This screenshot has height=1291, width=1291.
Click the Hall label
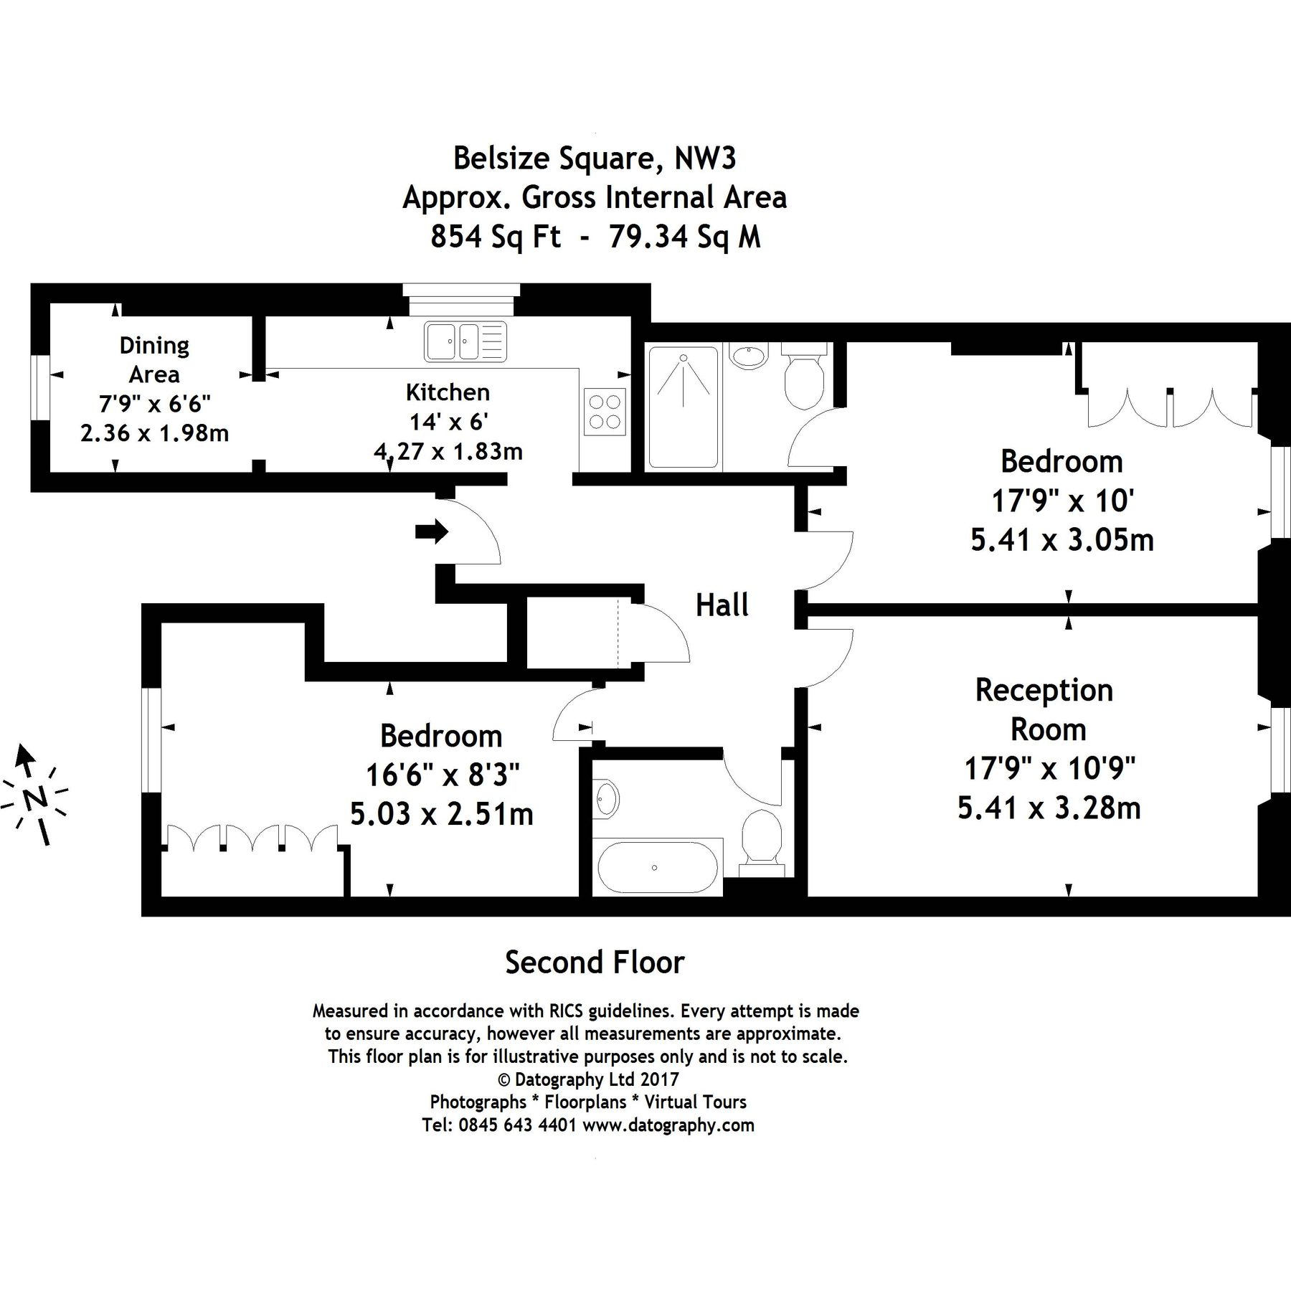click(722, 606)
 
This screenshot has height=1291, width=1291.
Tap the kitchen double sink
click(465, 341)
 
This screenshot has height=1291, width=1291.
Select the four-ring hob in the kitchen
click(604, 412)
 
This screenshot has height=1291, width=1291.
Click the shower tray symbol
click(683, 407)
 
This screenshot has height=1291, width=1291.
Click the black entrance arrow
click(431, 531)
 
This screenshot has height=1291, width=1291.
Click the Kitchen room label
click(448, 392)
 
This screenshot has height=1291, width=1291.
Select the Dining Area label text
click(154, 359)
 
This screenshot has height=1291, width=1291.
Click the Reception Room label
click(1045, 709)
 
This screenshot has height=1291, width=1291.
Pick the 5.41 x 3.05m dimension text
click(1061, 539)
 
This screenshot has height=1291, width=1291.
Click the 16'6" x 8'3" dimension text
click(443, 775)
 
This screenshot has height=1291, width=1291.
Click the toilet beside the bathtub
click(761, 838)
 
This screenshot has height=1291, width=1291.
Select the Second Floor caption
click(595, 963)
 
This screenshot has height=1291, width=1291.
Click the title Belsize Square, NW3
click(595, 159)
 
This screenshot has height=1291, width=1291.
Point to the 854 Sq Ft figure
click(495, 236)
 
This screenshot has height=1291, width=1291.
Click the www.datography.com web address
click(668, 1125)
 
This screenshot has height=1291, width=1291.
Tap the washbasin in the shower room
click(749, 356)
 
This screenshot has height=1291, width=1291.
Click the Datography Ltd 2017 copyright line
click(588, 1079)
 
